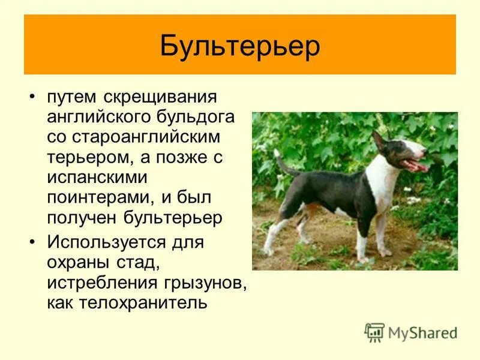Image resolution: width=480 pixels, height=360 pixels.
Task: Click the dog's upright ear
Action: [x=378, y=141]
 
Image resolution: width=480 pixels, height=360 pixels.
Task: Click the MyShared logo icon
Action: [x=374, y=332]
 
